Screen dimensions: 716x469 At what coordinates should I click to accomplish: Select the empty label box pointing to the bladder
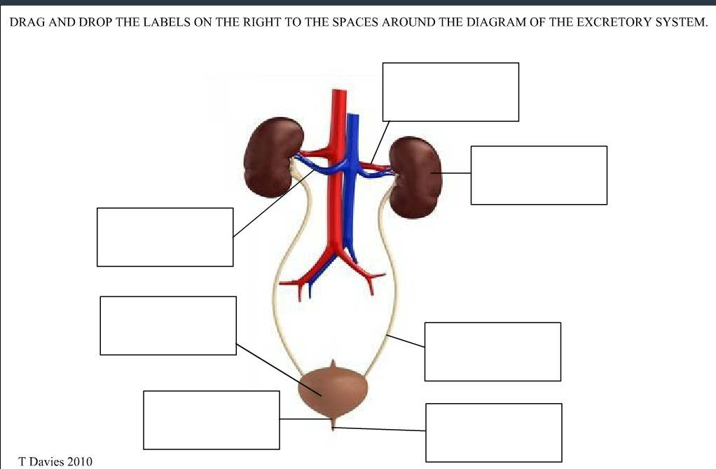168,325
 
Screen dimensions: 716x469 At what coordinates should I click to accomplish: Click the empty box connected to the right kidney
539,175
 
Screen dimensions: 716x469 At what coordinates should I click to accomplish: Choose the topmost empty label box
450,92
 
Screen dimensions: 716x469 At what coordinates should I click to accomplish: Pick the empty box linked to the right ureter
493,351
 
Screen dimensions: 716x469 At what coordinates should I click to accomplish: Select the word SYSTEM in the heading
680,22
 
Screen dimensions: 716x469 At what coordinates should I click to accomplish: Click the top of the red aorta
339,95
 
